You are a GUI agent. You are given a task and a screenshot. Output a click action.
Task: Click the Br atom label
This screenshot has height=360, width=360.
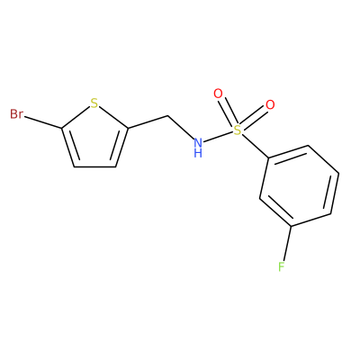tap(16, 114)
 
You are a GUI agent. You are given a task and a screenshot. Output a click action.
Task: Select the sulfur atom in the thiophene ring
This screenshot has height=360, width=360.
tap(94, 103)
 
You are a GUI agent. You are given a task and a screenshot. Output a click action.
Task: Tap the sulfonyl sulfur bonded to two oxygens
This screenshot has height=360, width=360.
tap(238, 130)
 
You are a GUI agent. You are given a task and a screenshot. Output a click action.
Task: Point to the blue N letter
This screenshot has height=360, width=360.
tap(198, 142)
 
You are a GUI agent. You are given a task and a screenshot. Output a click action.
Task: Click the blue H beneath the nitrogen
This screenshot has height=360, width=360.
tap(198, 153)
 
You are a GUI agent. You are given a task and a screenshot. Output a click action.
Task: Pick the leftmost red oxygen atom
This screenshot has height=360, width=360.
tap(218, 94)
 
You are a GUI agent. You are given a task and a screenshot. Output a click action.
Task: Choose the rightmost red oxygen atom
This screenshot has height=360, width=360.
tap(270, 105)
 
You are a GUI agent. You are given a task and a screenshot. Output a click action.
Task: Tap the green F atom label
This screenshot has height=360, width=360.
tap(281, 266)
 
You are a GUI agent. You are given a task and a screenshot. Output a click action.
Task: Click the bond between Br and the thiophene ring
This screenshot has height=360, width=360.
tap(42, 122)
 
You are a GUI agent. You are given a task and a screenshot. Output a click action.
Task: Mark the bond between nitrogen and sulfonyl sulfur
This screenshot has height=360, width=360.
tap(218, 137)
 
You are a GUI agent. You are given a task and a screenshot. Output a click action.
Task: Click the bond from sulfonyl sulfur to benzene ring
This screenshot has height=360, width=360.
tap(255, 146)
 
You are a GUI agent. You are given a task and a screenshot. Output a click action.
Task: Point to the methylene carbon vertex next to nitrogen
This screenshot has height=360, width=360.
tap(166, 116)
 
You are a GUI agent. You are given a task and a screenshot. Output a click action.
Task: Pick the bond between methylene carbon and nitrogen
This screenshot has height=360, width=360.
tap(180, 128)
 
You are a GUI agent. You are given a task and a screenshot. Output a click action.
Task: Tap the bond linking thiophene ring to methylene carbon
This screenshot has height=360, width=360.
tap(148, 122)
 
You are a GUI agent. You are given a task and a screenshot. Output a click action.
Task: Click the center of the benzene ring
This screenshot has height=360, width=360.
tap(300, 186)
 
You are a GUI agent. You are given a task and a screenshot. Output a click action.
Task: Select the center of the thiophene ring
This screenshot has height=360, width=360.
tap(95, 140)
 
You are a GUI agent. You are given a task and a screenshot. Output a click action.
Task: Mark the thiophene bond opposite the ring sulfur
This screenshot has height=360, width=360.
tap(94, 166)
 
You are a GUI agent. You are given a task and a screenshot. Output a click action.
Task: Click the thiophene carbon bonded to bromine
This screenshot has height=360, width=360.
tap(61, 129)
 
